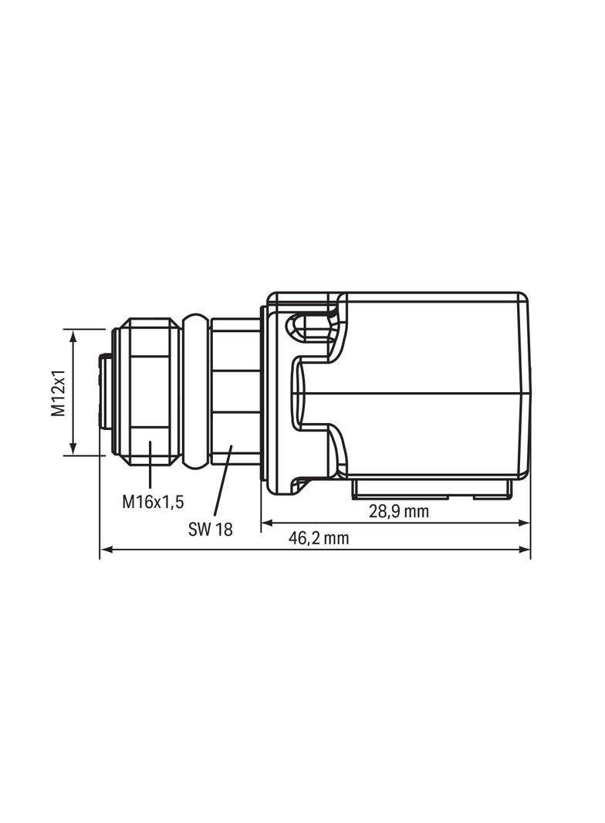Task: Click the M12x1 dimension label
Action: click(59, 393)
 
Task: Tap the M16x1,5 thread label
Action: click(153, 502)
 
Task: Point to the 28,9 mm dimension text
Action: click(398, 511)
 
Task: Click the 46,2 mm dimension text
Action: click(319, 538)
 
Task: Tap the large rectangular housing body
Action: click(436, 386)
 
